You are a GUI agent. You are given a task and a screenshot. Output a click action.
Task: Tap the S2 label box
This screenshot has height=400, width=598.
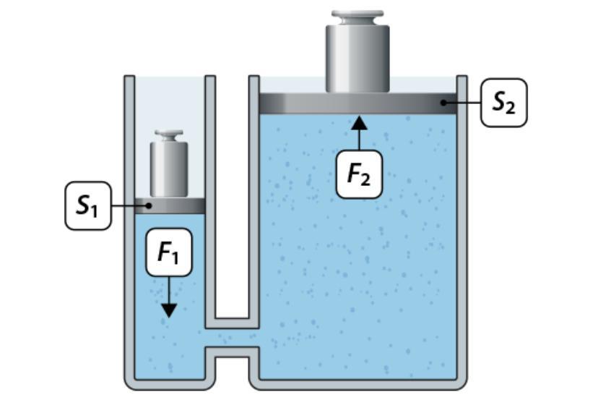click(x=504, y=103)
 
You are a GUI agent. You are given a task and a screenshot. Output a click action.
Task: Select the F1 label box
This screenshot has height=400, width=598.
click(x=168, y=252)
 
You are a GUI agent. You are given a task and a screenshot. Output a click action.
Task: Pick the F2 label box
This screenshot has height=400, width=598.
click(x=359, y=174)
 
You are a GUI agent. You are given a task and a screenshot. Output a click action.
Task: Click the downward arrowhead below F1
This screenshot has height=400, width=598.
click(x=168, y=310)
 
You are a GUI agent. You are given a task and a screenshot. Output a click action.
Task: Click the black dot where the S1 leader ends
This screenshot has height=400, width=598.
click(x=149, y=206)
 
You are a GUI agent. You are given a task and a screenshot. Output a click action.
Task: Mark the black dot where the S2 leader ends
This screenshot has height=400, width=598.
click(x=446, y=103)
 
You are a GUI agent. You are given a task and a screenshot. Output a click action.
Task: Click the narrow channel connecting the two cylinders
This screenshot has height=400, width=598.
click(x=232, y=338)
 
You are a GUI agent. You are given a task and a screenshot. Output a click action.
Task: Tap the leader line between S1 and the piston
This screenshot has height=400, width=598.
click(x=130, y=206)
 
